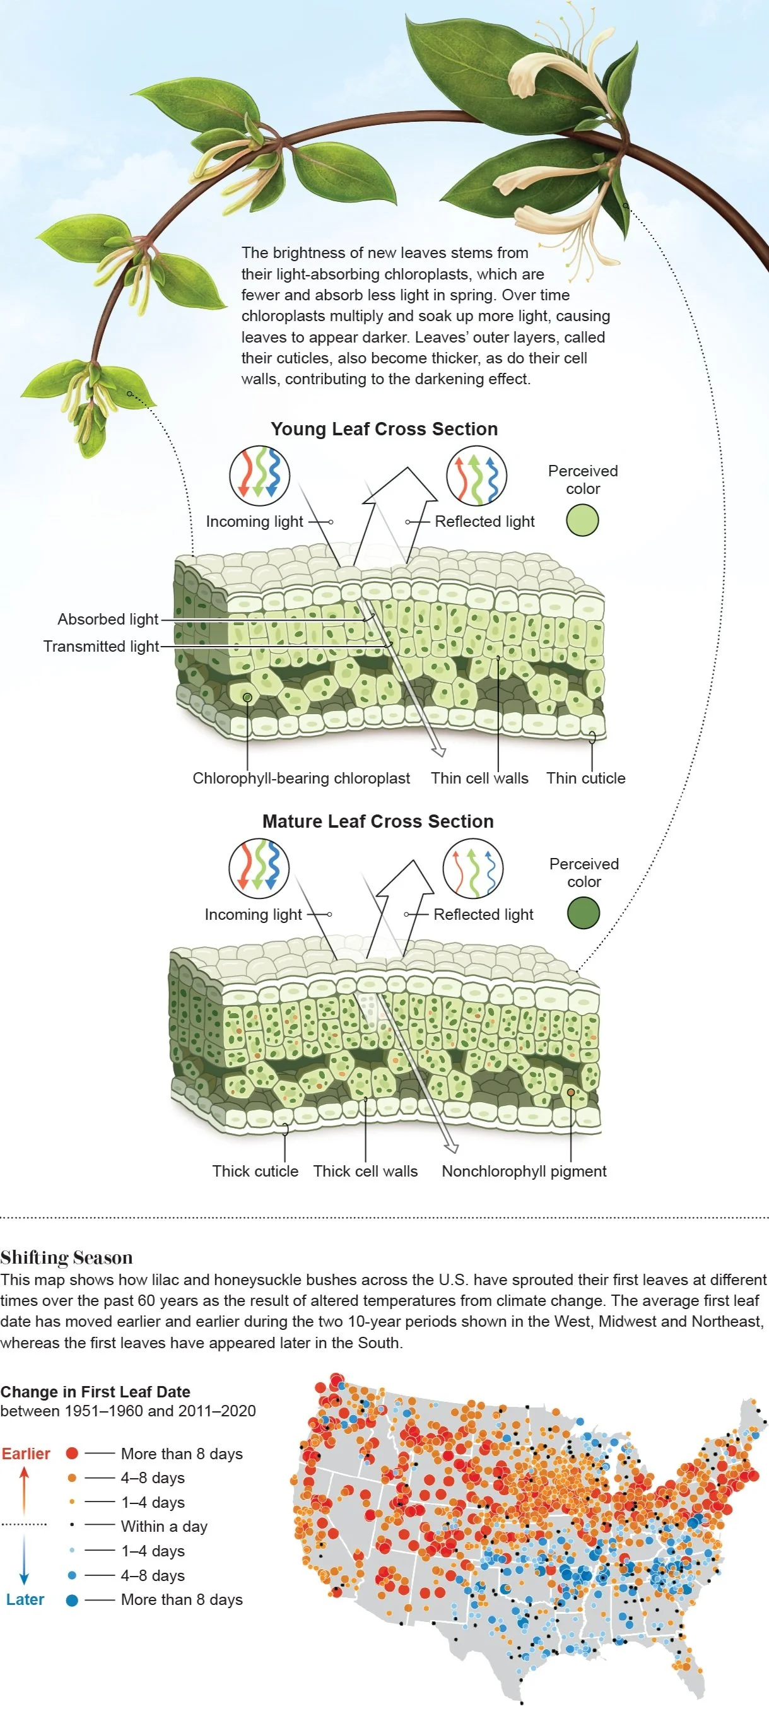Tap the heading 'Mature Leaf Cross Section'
pyautogui.click(x=378, y=821)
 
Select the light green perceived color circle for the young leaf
pyautogui.click(x=582, y=520)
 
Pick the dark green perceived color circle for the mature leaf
pyautogui.click(x=583, y=913)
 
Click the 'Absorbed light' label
pyautogui.click(x=107, y=620)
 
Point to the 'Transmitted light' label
pyautogui.click(x=101, y=646)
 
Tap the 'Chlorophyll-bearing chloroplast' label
pyautogui.click(x=301, y=778)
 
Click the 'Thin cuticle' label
pyautogui.click(x=586, y=778)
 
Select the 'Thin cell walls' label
pyautogui.click(x=479, y=778)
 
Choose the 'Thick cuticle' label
pyautogui.click(x=255, y=1171)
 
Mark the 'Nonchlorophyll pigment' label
pyautogui.click(x=524, y=1171)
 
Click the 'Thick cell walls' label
pyautogui.click(x=365, y=1171)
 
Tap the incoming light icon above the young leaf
pyautogui.click(x=259, y=476)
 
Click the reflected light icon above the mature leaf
pyautogui.click(x=473, y=869)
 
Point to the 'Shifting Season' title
pyautogui.click(x=67, y=1258)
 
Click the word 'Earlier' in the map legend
pyautogui.click(x=26, y=1454)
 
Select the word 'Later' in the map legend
pyautogui.click(x=25, y=1599)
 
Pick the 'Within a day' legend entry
pyautogui.click(x=164, y=1526)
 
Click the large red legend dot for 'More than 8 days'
pyautogui.click(x=72, y=1454)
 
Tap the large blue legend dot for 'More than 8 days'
pyautogui.click(x=72, y=1600)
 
